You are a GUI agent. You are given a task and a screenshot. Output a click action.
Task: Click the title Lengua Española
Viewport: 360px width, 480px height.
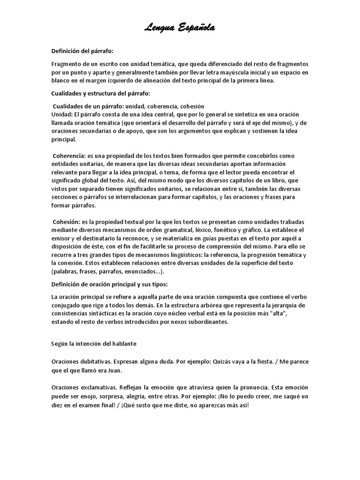tap(180, 29)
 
